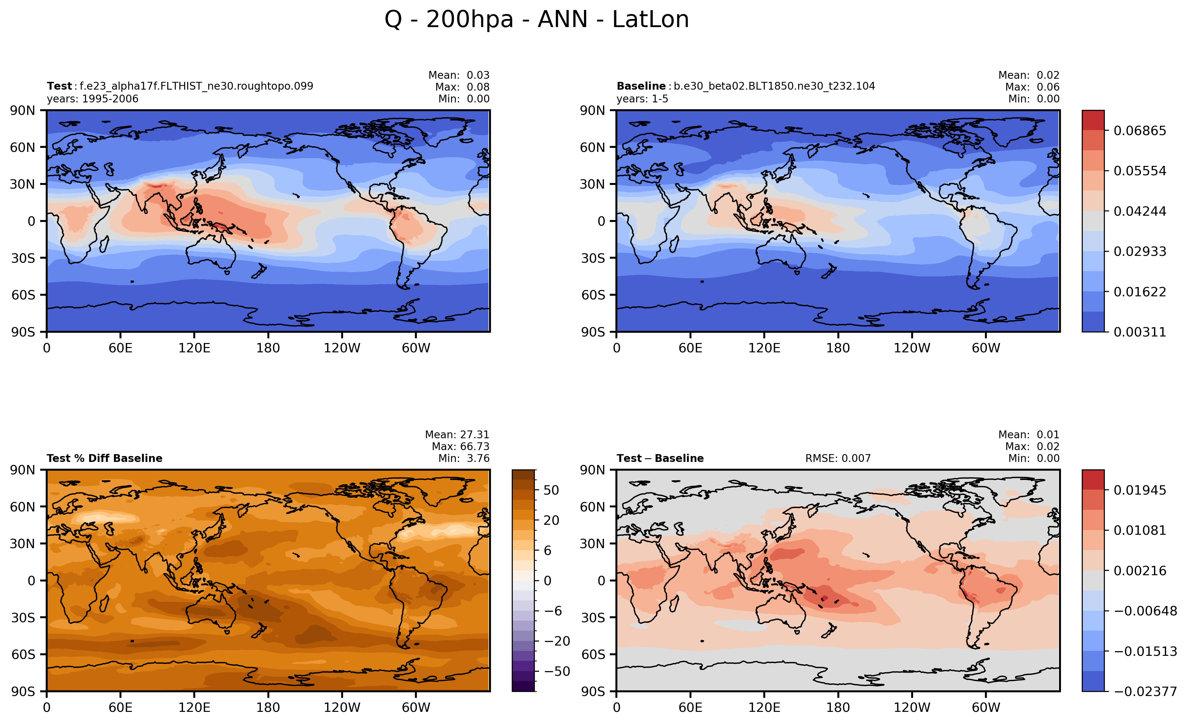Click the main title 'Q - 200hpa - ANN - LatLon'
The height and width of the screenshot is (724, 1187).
(537, 20)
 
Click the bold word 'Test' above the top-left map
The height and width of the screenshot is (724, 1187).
(59, 86)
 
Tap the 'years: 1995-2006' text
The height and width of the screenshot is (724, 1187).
(92, 99)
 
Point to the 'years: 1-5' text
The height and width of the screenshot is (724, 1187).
(642, 99)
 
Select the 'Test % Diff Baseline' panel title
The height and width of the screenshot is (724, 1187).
(105, 458)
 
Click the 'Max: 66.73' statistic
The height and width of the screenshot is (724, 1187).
(460, 447)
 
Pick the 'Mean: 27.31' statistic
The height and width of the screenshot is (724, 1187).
(457, 435)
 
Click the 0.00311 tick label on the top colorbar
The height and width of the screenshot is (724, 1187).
(1140, 332)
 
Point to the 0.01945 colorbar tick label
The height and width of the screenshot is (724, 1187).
(1140, 490)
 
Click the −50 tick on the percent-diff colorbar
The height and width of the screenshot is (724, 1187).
(557, 671)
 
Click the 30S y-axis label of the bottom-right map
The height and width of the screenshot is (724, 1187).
(593, 618)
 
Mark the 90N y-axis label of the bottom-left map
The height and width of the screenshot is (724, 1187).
(23, 470)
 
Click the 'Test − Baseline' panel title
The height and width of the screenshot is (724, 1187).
(660, 458)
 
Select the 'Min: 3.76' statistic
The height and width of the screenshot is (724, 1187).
(464, 458)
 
